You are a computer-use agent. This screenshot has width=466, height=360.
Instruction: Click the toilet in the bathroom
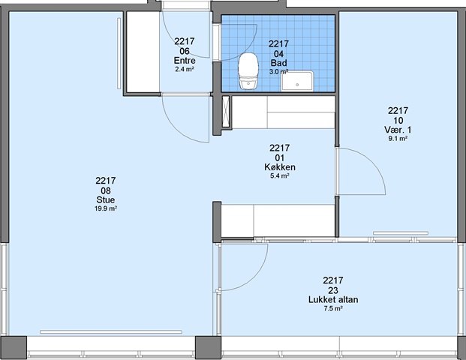pos(248,71)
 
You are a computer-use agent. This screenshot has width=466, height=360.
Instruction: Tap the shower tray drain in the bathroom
pos(297,85)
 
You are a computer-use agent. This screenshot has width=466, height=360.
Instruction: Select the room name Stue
pos(106,199)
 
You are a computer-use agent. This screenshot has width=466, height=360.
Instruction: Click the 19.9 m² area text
pos(106,208)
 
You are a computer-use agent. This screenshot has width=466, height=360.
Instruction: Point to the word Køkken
pos(280,167)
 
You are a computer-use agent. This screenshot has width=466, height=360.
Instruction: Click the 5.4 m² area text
pos(280,175)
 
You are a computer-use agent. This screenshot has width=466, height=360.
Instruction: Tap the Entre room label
pos(185,61)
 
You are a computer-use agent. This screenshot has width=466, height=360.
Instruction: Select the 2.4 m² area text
pos(185,70)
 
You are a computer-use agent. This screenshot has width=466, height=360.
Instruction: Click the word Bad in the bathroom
pos(278,63)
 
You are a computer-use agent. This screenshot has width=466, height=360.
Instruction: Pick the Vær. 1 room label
pos(398,130)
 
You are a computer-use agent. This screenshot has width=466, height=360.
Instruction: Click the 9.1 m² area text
pos(398,139)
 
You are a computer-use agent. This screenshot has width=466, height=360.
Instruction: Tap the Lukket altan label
pos(333,299)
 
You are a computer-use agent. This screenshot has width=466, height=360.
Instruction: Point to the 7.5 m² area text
pos(333,308)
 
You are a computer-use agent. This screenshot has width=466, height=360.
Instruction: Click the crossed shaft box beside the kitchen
pos(226,112)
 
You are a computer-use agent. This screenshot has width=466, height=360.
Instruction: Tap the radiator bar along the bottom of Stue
pos(111,331)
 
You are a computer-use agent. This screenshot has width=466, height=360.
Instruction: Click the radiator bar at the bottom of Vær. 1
pos(401,233)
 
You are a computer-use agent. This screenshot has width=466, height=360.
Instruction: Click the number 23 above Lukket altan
pos(333,290)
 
